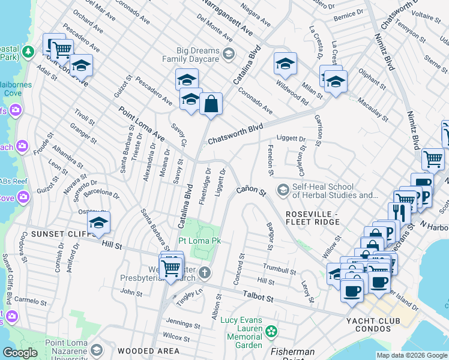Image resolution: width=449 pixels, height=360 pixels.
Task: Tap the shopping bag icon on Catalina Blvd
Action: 211,104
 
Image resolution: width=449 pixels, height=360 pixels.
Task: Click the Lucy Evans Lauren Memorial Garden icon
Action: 271,331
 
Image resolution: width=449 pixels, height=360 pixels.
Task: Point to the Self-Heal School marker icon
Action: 283,190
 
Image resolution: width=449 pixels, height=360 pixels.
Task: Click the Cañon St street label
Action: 250,190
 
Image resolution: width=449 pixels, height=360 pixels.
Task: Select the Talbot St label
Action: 258,296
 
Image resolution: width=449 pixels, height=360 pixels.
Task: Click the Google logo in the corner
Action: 20,353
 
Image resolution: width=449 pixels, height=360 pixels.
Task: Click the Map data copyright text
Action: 411,355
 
